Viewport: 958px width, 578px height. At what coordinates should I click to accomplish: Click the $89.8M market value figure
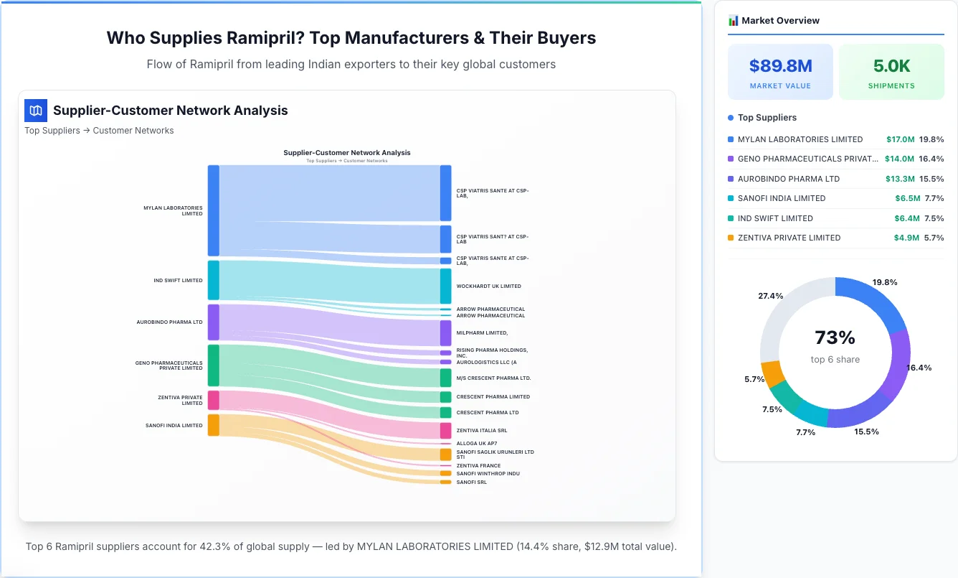coord(780,66)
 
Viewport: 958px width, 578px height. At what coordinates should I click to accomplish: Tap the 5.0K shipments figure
coord(891,66)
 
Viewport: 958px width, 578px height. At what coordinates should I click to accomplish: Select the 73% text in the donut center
coord(835,337)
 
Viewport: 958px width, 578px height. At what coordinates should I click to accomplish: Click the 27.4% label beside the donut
coord(770,296)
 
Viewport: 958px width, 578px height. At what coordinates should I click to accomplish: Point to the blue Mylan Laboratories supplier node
coord(213,210)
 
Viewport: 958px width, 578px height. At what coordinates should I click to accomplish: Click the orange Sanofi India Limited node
coord(213,425)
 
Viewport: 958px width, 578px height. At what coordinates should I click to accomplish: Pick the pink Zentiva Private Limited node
coord(213,400)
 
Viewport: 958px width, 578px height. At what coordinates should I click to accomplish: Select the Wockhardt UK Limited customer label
coord(488,286)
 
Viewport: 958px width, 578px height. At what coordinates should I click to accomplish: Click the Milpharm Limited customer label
coord(482,333)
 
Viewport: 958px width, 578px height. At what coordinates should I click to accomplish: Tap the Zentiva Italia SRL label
coord(481,431)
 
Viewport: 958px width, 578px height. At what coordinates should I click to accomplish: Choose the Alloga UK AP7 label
coord(476,444)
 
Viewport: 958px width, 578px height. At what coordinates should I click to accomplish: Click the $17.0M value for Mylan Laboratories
coord(899,139)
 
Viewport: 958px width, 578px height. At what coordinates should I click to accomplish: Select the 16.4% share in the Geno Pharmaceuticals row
coord(931,159)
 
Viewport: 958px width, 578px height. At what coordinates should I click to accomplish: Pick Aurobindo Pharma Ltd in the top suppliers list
coord(788,179)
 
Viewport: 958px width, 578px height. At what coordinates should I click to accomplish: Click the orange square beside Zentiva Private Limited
coord(731,238)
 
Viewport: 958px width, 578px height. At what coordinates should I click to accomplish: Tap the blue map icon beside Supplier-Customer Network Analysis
coord(36,111)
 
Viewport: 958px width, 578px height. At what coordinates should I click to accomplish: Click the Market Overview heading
coord(780,21)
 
